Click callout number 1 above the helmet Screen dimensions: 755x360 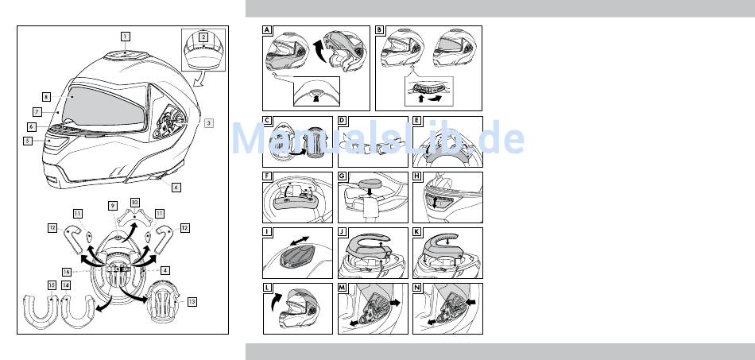click(126, 36)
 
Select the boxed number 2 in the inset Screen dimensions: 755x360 click(203, 37)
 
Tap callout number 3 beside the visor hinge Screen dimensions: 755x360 click(208, 122)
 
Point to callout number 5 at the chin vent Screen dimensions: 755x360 click(28, 141)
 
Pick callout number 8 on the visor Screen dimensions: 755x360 click(46, 96)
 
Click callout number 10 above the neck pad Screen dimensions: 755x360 click(135, 203)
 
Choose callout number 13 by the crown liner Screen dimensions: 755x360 click(192, 302)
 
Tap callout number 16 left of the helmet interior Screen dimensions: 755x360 click(67, 272)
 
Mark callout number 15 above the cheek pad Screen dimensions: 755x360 click(52, 285)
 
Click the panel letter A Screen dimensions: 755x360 click(267, 30)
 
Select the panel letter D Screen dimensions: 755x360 click(342, 120)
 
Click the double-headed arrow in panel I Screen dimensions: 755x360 click(299, 239)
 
